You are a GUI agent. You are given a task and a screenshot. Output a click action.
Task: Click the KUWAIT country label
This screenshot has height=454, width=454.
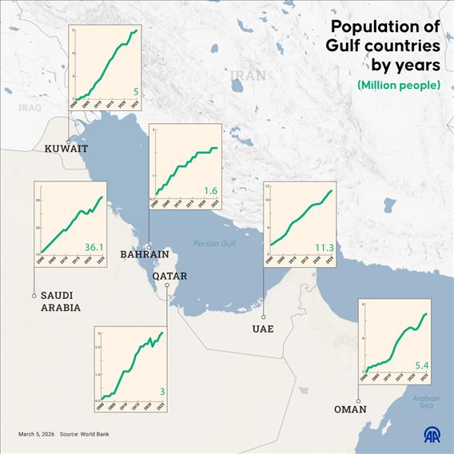66,148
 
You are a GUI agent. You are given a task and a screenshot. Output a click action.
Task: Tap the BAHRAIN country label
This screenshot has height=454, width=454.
144,254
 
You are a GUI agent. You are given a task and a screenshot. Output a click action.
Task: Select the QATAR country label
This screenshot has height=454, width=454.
169,276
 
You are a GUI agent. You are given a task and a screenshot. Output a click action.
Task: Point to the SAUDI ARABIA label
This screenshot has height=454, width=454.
61,301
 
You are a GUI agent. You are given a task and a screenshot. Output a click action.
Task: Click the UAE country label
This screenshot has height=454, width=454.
263,329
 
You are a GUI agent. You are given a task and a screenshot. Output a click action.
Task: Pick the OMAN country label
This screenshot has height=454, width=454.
350,409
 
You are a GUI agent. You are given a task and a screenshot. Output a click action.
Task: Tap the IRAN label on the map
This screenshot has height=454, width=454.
248,76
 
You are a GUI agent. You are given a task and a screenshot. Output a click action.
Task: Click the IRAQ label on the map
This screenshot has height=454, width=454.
30,106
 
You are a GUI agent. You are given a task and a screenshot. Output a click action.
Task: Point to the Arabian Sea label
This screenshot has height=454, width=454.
426,402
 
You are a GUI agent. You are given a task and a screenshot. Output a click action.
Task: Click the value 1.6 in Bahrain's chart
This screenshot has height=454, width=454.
210,191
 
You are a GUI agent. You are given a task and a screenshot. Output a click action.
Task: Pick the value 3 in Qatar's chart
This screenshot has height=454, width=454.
162,391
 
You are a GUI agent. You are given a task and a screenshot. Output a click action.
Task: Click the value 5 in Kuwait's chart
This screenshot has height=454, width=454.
135,91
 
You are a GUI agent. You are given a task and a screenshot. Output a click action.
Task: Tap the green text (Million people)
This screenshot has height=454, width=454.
399,85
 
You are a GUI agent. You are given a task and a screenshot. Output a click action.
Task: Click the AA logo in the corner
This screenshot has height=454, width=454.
431,434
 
